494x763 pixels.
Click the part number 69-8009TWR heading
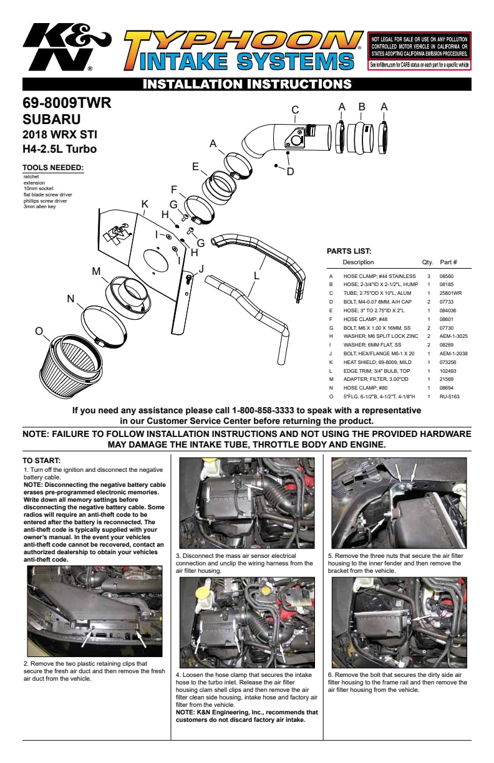click(x=67, y=103)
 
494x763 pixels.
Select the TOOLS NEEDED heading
click(x=53, y=168)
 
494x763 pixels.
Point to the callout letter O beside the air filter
click(x=39, y=331)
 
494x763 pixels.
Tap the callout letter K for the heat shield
click(x=145, y=204)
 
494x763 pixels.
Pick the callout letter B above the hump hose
click(x=362, y=107)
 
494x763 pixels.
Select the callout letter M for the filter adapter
click(x=96, y=271)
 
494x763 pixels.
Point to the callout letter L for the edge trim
click(x=256, y=274)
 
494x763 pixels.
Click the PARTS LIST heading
click(x=349, y=251)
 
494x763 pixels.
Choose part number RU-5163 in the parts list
click(x=450, y=396)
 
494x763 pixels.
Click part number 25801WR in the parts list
click(x=451, y=292)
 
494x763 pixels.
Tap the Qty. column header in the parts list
click(x=427, y=262)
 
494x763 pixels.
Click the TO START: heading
click(x=42, y=461)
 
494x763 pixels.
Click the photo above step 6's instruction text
click(x=399, y=623)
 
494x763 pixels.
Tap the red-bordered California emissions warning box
click(x=420, y=51)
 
